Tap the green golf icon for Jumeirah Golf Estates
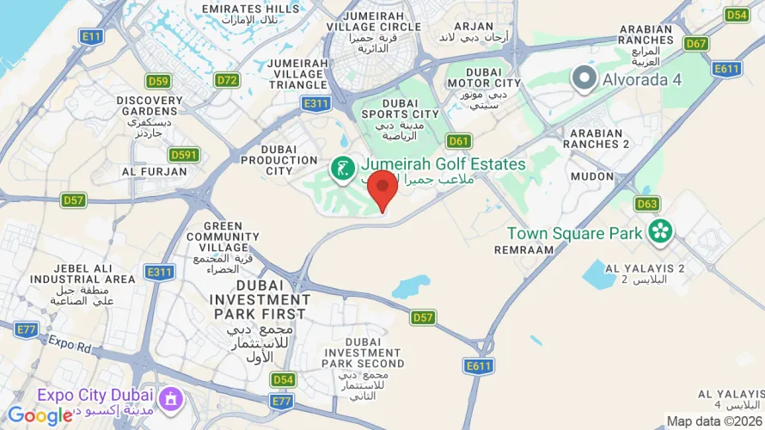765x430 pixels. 343,169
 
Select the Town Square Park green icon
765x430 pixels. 660,230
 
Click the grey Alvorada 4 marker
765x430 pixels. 585,79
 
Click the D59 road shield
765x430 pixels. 157,81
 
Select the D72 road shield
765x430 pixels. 227,80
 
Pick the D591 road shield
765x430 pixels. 184,155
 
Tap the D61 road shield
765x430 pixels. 459,141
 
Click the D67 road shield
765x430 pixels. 696,43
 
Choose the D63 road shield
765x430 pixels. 647,204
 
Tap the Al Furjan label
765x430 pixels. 155,171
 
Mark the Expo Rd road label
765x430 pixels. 68,341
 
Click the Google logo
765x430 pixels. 40,416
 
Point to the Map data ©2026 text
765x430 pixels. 714,421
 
